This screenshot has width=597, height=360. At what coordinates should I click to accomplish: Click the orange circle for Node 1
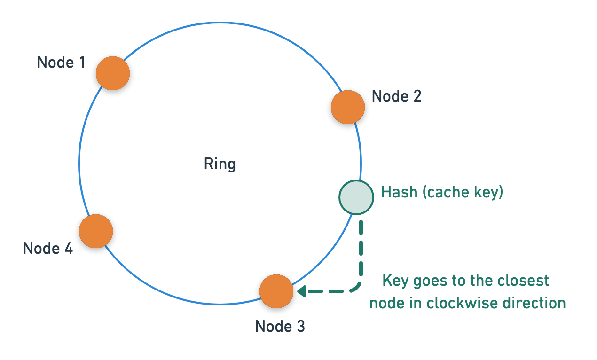[x=113, y=73]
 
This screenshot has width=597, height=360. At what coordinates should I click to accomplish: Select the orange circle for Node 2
[x=348, y=107]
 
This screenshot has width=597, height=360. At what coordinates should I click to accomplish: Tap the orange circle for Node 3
[x=276, y=291]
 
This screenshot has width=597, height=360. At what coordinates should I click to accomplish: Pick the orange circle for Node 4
[x=96, y=231]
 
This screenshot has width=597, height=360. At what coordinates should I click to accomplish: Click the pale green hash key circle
[x=356, y=197]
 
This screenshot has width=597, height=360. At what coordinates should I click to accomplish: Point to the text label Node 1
[x=61, y=63]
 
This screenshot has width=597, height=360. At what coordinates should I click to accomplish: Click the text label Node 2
[x=396, y=96]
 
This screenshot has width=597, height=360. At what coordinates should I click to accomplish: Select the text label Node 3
[x=280, y=326]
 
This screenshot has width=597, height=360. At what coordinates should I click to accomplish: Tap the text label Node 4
[x=48, y=248]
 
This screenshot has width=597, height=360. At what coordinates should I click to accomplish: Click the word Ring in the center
[x=220, y=164]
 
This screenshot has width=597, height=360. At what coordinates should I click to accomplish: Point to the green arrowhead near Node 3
[x=301, y=291]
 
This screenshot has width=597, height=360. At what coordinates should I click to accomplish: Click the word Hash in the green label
[x=399, y=192]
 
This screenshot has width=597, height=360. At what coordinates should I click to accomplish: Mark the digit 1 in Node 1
[x=82, y=63]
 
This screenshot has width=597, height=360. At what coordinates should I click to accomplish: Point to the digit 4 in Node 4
[x=69, y=248]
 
